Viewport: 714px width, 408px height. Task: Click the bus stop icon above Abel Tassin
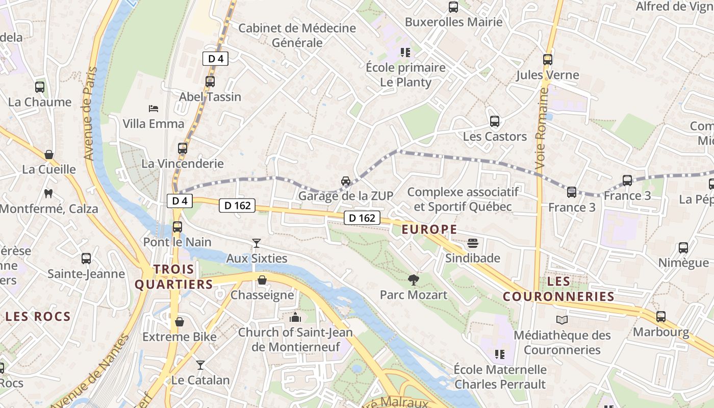tap(210, 81)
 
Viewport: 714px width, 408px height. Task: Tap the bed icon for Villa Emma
tap(153, 108)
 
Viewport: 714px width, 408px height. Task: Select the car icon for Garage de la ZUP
tap(346, 181)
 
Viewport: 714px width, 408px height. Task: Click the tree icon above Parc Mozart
tap(413, 279)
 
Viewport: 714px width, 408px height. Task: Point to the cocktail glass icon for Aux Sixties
tap(256, 243)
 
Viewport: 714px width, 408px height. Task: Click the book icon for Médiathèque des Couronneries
tap(562, 320)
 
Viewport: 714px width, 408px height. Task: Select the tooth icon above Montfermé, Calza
tap(48, 193)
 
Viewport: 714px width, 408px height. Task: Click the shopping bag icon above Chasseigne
tap(262, 279)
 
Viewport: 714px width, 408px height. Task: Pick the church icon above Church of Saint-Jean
tap(295, 317)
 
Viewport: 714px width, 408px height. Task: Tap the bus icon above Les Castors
tap(494, 121)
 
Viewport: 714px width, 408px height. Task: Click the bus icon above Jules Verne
tap(548, 60)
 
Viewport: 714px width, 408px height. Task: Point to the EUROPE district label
tap(429, 229)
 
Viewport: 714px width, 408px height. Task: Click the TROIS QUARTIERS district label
tap(173, 277)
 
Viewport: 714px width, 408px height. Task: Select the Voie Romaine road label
tap(541, 129)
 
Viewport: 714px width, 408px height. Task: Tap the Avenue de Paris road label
tap(90, 113)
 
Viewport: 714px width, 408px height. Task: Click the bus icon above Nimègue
tap(683, 248)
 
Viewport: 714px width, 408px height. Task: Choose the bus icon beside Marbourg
tap(661, 317)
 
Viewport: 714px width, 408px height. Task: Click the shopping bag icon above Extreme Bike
tap(179, 322)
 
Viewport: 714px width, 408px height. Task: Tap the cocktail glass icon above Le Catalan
tap(200, 365)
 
